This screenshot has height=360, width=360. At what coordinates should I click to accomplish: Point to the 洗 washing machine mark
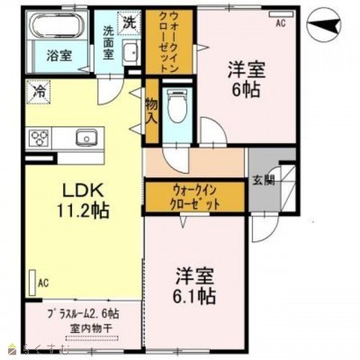[x=129, y=21]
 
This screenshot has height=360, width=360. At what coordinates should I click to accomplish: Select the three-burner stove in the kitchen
[x=40, y=139]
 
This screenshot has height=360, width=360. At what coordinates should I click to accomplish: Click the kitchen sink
[x=87, y=138]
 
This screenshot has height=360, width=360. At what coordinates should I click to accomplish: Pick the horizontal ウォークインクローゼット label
[x=196, y=197]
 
